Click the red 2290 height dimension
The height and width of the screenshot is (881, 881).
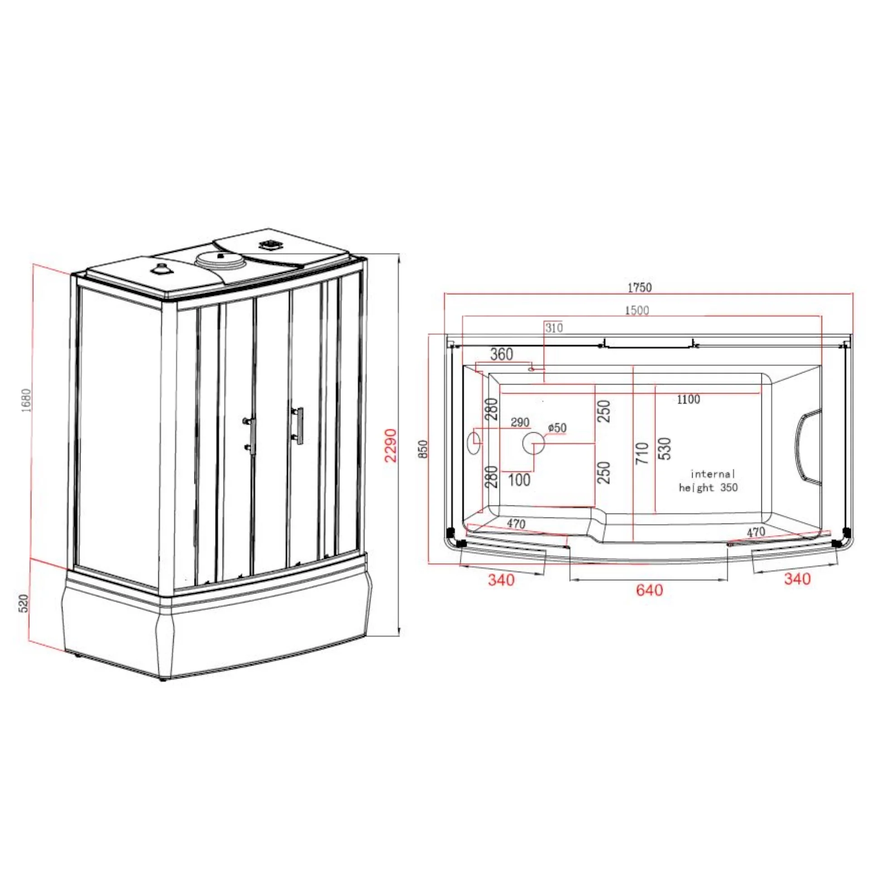click(x=391, y=445)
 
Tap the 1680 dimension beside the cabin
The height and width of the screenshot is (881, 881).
click(x=26, y=400)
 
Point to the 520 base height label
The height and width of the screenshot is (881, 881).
click(x=24, y=603)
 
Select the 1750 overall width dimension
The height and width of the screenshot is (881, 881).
click(x=640, y=287)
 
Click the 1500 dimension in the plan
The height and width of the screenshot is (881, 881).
click(x=637, y=310)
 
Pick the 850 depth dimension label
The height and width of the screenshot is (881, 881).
click(x=424, y=449)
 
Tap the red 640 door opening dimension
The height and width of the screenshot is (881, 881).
click(x=649, y=590)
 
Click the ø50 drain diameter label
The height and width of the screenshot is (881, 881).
click(x=557, y=427)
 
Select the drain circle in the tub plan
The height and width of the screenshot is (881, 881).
click(x=533, y=443)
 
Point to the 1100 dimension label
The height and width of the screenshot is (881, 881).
click(x=689, y=399)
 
